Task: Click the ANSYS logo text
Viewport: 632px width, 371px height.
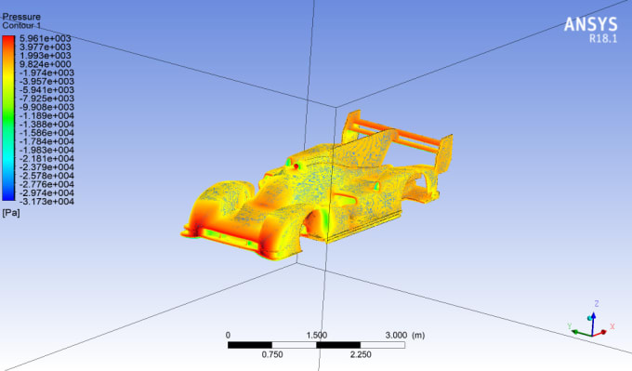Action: (590, 23)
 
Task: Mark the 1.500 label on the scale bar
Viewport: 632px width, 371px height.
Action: (316, 335)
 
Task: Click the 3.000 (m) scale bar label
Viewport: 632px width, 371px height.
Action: (404, 335)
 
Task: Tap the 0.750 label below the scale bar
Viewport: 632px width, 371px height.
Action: (272, 353)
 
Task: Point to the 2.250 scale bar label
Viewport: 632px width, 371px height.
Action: (361, 353)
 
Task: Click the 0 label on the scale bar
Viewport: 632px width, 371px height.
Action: (228, 335)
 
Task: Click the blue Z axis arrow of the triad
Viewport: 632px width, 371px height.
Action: (596, 311)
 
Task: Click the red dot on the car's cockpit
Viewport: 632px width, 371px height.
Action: (296, 166)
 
